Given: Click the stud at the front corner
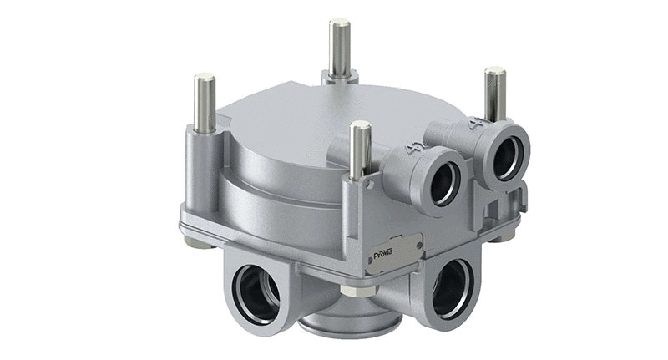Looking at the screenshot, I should point(361,150).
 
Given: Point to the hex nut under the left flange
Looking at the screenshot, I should point(197,243).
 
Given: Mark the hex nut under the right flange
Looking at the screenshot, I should point(504,237).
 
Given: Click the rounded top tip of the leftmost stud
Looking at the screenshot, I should point(205,78).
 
